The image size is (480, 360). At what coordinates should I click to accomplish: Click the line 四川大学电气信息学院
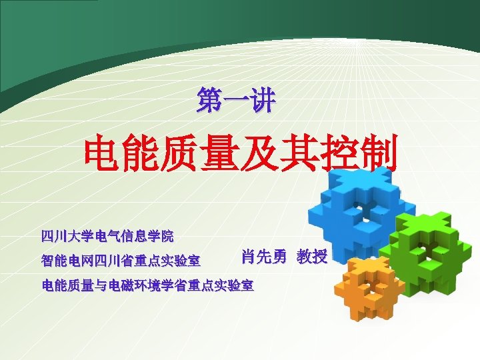(x=107, y=236)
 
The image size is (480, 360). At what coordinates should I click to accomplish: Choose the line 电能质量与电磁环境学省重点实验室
(x=147, y=286)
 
